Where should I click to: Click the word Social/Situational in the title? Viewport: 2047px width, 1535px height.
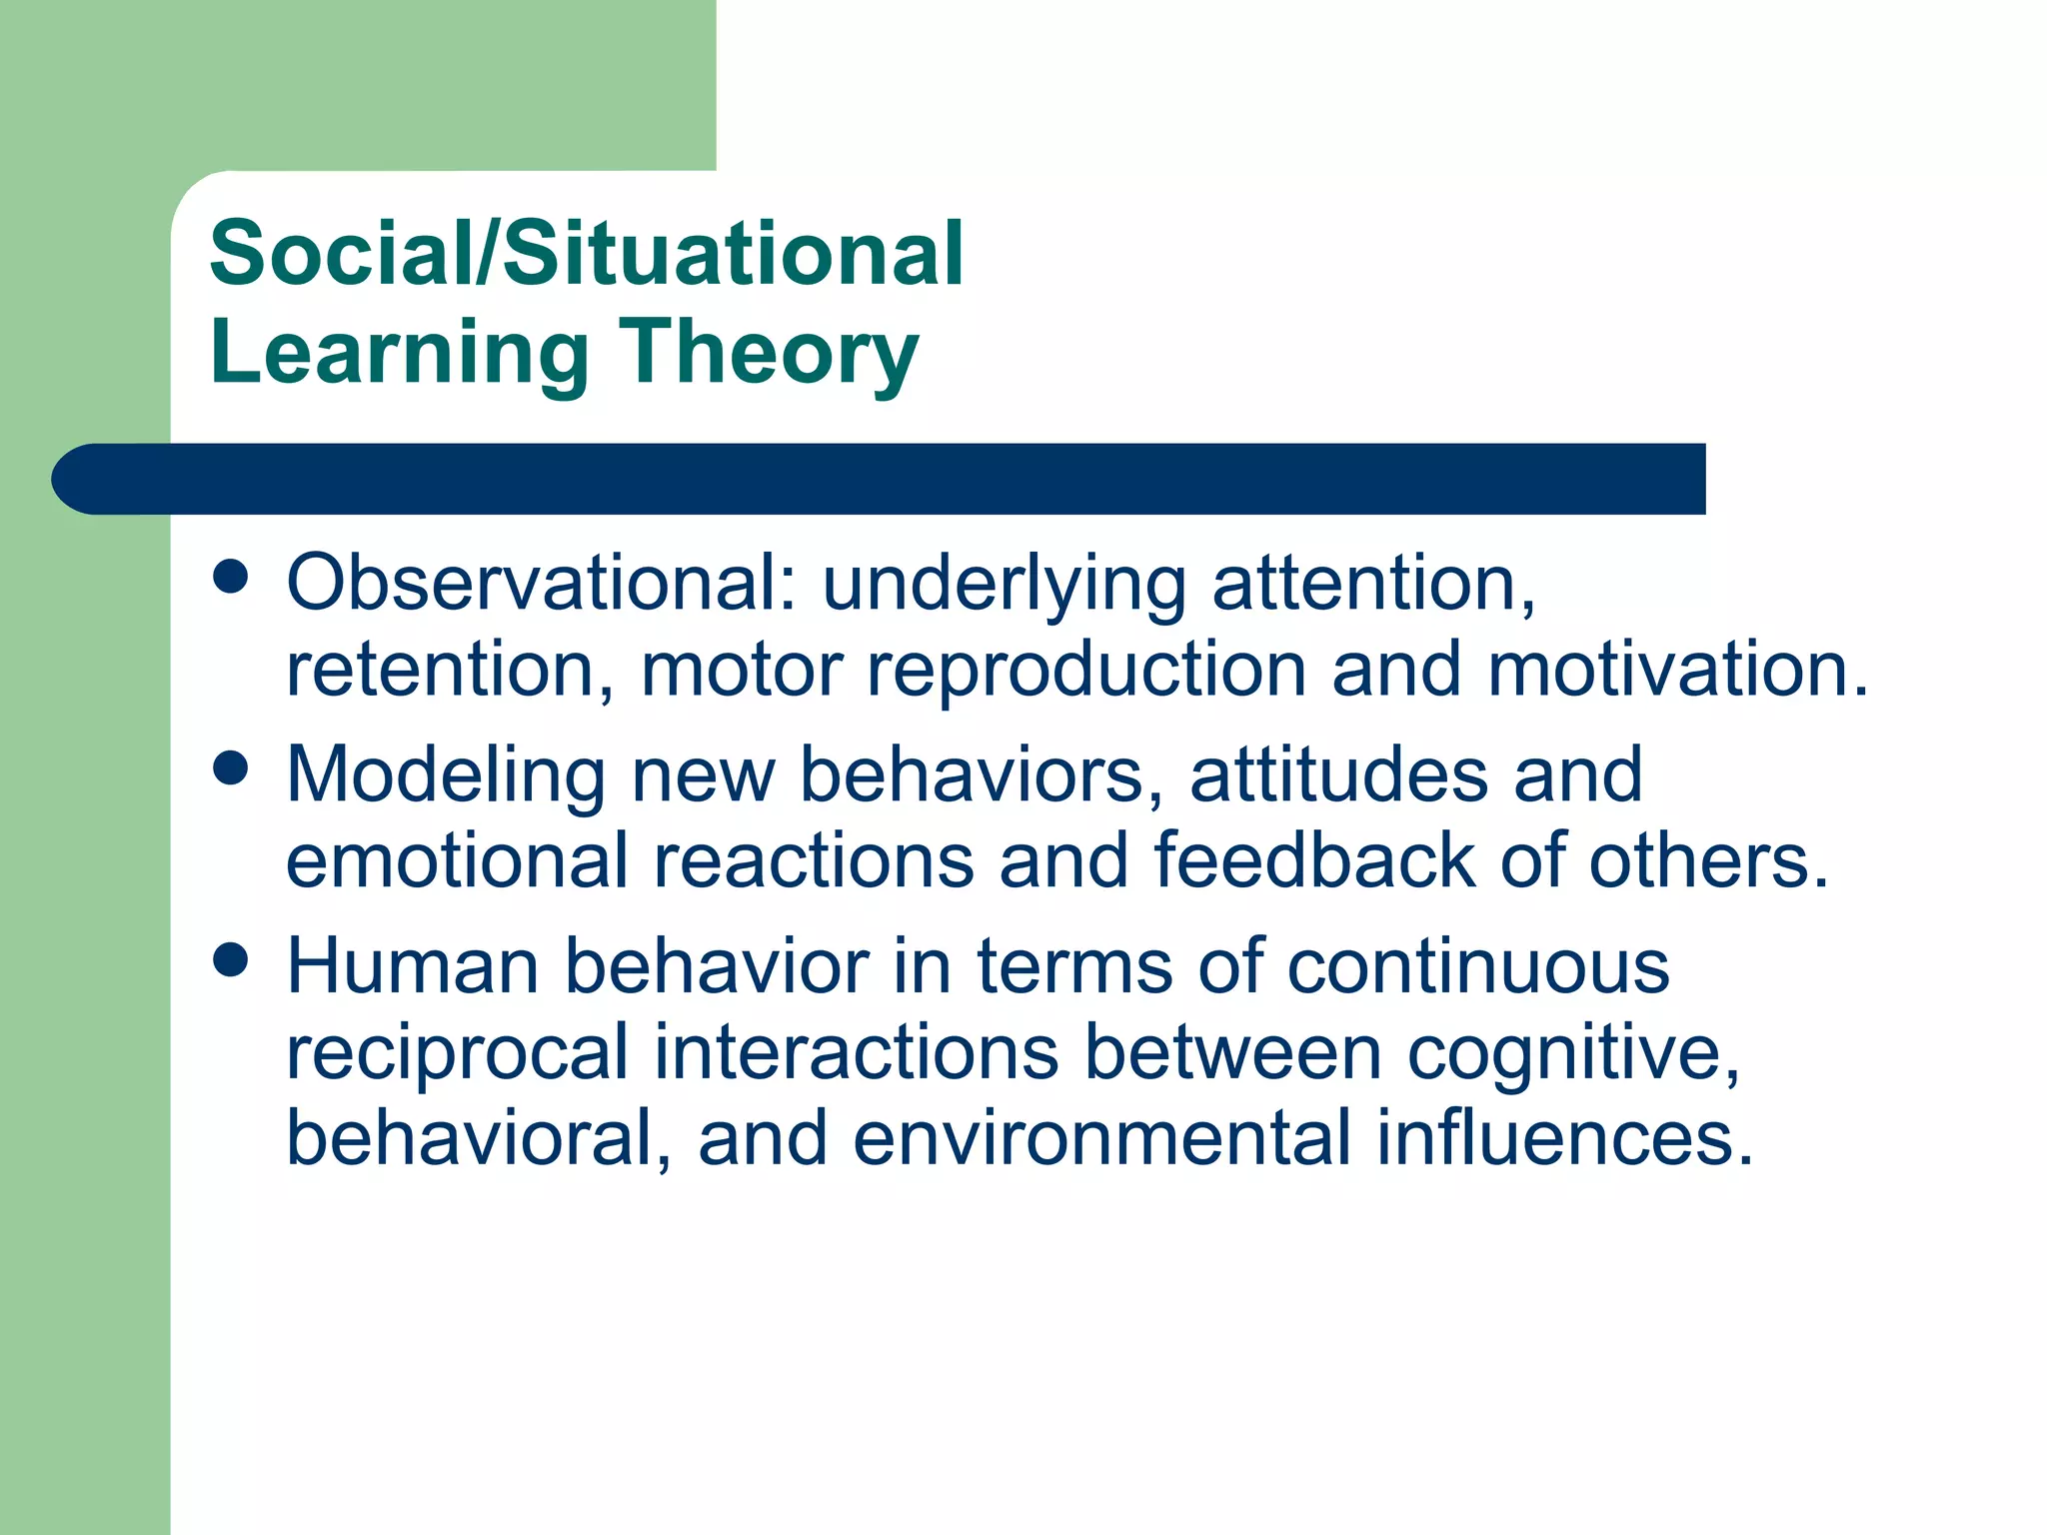(586, 254)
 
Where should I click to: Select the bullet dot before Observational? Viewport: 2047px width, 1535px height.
(231, 578)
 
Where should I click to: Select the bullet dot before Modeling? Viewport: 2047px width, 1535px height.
(231, 768)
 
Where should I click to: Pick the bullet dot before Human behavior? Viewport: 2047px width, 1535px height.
(231, 960)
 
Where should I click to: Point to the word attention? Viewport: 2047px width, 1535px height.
(1373, 584)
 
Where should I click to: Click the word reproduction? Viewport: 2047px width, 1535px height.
(1085, 671)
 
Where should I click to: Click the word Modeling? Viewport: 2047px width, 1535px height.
(446, 775)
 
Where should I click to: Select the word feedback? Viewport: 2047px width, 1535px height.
(1313, 860)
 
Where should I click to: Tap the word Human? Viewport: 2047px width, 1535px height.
(412, 966)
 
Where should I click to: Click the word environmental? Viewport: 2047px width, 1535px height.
(1101, 1138)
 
